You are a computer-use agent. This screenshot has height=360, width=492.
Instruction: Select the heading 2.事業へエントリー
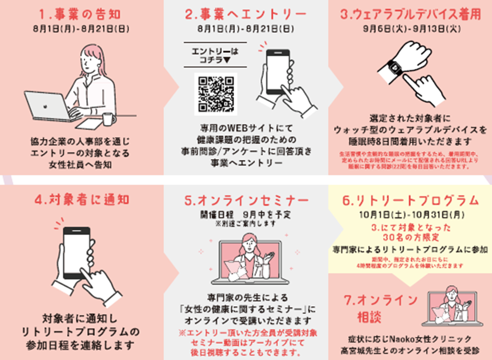point(246,13)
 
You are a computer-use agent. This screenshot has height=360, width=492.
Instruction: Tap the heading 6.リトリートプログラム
point(411,200)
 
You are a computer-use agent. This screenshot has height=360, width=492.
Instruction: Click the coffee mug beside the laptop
point(109,119)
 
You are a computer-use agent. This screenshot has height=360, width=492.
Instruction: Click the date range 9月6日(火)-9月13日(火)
point(411,30)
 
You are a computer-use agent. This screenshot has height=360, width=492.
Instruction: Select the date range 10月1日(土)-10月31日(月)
point(410,215)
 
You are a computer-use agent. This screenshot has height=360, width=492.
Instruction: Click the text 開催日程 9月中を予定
point(245,215)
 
